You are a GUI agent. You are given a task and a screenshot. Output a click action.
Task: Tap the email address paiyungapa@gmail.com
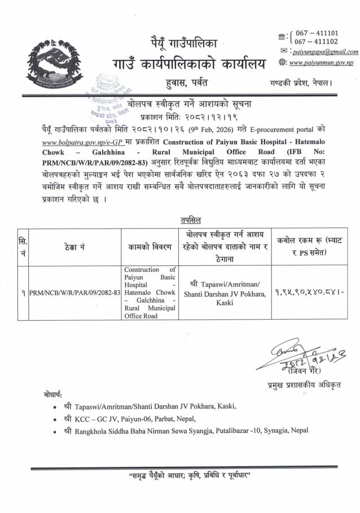[x=324, y=52]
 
